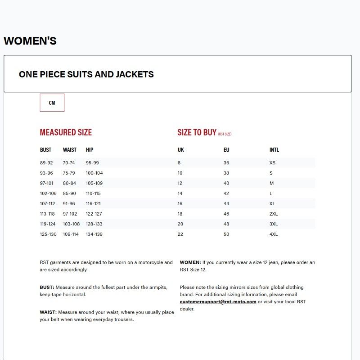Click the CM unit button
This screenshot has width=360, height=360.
click(52, 103)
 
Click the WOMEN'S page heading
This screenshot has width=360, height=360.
click(30, 41)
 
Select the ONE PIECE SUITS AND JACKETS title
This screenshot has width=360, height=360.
click(86, 74)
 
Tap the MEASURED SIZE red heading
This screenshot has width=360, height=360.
click(66, 132)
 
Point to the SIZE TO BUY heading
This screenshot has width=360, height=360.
click(197, 132)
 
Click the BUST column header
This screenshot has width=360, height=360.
click(45, 150)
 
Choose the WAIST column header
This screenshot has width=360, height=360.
click(70, 150)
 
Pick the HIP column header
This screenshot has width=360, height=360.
click(90, 150)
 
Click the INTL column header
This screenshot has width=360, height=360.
click(274, 150)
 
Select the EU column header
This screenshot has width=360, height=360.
click(226, 150)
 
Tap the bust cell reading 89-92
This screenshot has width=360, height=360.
click(46, 163)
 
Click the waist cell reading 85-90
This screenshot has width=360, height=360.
click(69, 193)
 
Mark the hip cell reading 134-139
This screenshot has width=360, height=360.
click(94, 234)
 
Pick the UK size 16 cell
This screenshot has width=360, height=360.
click(180, 203)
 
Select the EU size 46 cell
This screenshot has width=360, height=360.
click(226, 214)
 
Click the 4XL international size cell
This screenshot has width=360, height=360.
click(274, 234)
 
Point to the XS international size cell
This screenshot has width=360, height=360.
click(272, 163)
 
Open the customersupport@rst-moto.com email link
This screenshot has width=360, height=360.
click(218, 302)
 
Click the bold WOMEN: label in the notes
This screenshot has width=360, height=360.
click(190, 262)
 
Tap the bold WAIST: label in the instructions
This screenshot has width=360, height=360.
click(48, 312)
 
